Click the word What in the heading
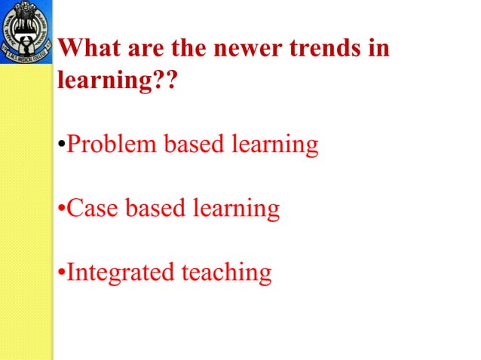point(85,49)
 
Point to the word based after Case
point(155,207)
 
